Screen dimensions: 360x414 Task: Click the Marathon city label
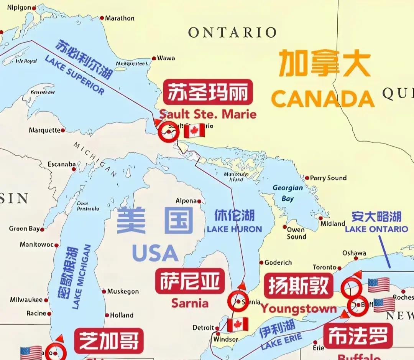tap(120, 18)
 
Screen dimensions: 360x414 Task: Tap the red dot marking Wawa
tap(154, 58)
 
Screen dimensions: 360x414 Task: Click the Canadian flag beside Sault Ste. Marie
tap(194, 131)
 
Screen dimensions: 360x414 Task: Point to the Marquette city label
tap(44, 130)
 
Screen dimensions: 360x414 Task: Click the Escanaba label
tap(62, 164)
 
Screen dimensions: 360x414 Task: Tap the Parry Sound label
tap(328, 178)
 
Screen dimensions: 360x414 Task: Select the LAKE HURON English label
tap(234, 229)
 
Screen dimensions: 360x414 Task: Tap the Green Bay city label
tap(24, 229)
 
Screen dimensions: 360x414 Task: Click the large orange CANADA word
tap(323, 99)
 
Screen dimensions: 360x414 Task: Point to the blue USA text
tap(155, 253)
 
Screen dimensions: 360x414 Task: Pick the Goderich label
tap(278, 263)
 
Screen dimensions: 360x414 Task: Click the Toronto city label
tap(324, 267)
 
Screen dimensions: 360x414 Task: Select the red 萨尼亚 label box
tap(190, 281)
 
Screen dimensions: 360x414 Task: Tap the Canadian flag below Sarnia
tap(238, 325)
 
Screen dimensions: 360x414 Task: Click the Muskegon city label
tap(123, 291)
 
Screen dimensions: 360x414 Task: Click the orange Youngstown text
tap(299, 309)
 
